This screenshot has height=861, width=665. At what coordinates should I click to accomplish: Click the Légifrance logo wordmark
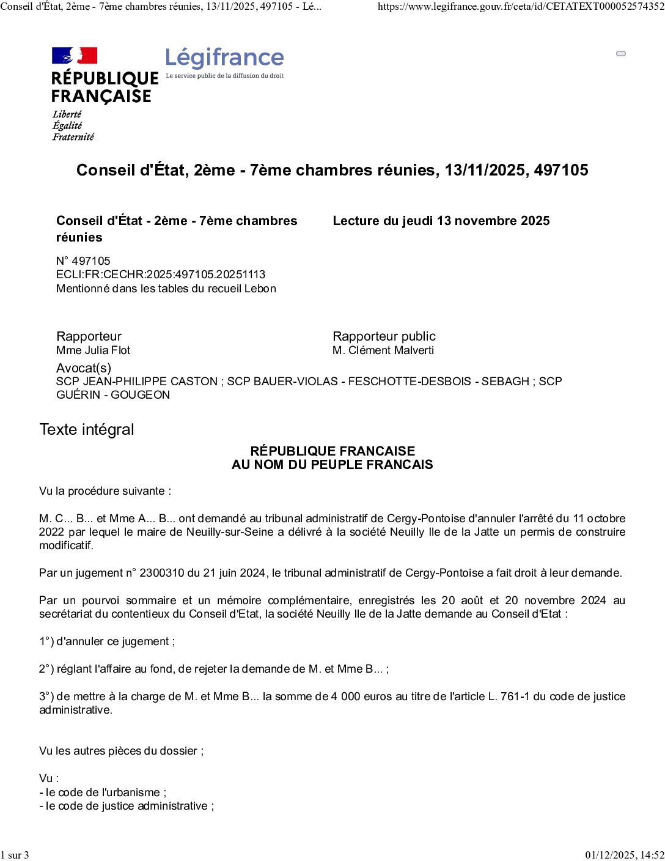[224, 58]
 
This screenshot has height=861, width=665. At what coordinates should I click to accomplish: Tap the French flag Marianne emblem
[75, 56]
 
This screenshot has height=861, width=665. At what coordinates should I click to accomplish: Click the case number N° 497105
[83, 261]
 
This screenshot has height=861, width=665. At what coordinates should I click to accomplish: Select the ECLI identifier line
[161, 275]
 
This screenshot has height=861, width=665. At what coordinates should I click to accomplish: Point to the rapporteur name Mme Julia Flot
[93, 350]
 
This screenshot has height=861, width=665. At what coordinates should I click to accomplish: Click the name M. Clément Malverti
[383, 350]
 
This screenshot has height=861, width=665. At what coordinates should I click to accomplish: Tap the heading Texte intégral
[87, 429]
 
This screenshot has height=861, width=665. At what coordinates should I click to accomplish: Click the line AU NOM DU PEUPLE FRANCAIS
[332, 465]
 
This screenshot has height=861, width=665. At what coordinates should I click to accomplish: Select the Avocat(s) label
[84, 368]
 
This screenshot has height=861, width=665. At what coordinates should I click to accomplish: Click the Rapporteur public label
[384, 336]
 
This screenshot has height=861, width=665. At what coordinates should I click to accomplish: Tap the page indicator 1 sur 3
[15, 855]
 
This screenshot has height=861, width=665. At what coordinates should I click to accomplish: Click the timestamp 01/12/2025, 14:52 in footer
[624, 855]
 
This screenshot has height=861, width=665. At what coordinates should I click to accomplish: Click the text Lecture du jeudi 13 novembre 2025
[441, 221]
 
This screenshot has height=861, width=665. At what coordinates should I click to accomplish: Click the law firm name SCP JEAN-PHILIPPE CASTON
[137, 382]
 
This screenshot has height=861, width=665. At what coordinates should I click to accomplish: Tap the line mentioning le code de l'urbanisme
[103, 793]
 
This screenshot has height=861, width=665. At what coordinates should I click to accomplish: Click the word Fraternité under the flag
[73, 137]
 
